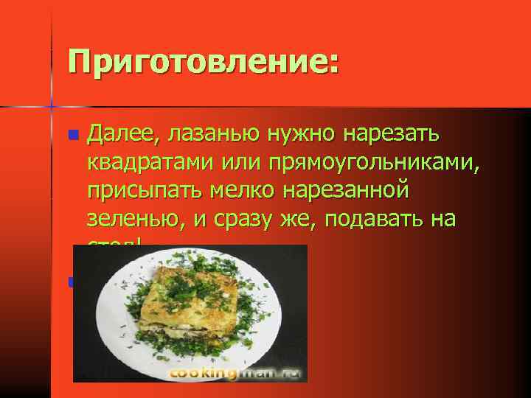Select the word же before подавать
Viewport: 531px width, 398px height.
311,219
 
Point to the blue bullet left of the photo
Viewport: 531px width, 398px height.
71,282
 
